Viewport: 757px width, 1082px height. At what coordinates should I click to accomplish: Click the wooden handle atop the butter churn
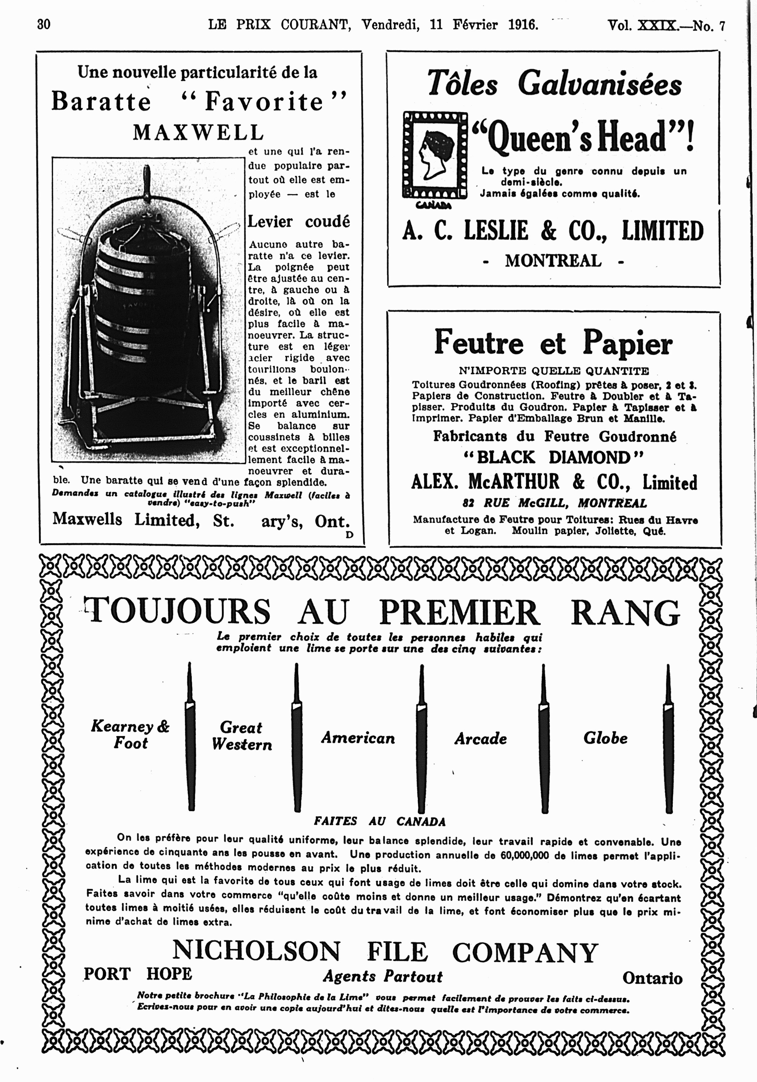(x=147, y=181)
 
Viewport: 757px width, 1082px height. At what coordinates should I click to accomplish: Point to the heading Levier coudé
(x=299, y=221)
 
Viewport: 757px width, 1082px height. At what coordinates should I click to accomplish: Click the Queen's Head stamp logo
(x=434, y=155)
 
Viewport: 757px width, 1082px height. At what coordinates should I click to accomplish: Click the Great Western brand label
(x=241, y=736)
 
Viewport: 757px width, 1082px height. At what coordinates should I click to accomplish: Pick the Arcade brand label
(x=480, y=738)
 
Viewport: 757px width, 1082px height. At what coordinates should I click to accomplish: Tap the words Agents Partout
(x=383, y=976)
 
